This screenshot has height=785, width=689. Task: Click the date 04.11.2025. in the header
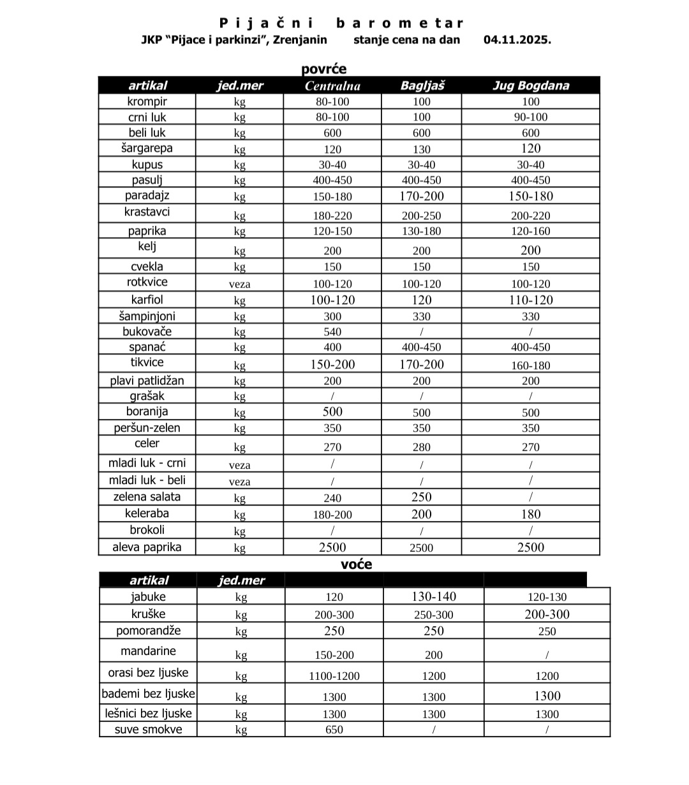tap(517, 40)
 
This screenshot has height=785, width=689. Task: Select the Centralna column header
tap(332, 85)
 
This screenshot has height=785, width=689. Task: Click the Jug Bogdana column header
tap(530, 85)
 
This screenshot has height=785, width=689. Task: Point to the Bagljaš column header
tap(422, 85)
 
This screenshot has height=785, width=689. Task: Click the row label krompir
tap(147, 101)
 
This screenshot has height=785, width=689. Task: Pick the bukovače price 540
tap(332, 332)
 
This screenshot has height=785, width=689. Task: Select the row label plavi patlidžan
tap(147, 381)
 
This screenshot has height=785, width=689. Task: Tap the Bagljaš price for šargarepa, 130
tap(422, 149)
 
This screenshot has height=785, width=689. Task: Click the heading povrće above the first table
tap(324, 69)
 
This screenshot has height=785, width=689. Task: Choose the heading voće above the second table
tap(356, 564)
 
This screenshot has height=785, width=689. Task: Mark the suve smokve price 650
tap(334, 730)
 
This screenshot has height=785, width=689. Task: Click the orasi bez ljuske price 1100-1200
tap(334, 676)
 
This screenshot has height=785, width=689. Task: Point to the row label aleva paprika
tap(147, 547)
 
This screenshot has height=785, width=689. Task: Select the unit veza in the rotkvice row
tap(239, 284)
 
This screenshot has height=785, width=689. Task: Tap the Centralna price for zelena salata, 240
tap(332, 498)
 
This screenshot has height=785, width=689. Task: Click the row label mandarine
tap(148, 651)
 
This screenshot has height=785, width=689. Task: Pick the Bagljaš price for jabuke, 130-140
tap(433, 597)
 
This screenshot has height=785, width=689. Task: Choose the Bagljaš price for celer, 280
tap(422, 447)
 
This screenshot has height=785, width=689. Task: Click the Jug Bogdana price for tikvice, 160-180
tap(530, 365)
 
